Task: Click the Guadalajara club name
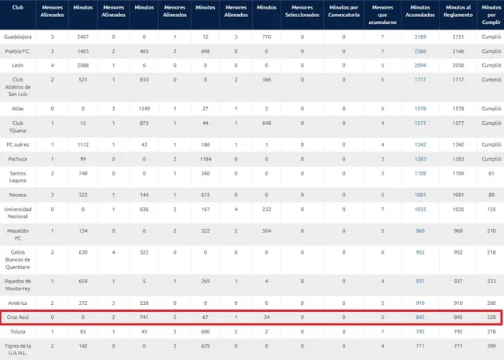(x=18, y=36)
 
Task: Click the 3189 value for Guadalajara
(x=420, y=36)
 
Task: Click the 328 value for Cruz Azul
(x=491, y=317)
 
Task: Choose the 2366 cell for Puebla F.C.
(x=420, y=51)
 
